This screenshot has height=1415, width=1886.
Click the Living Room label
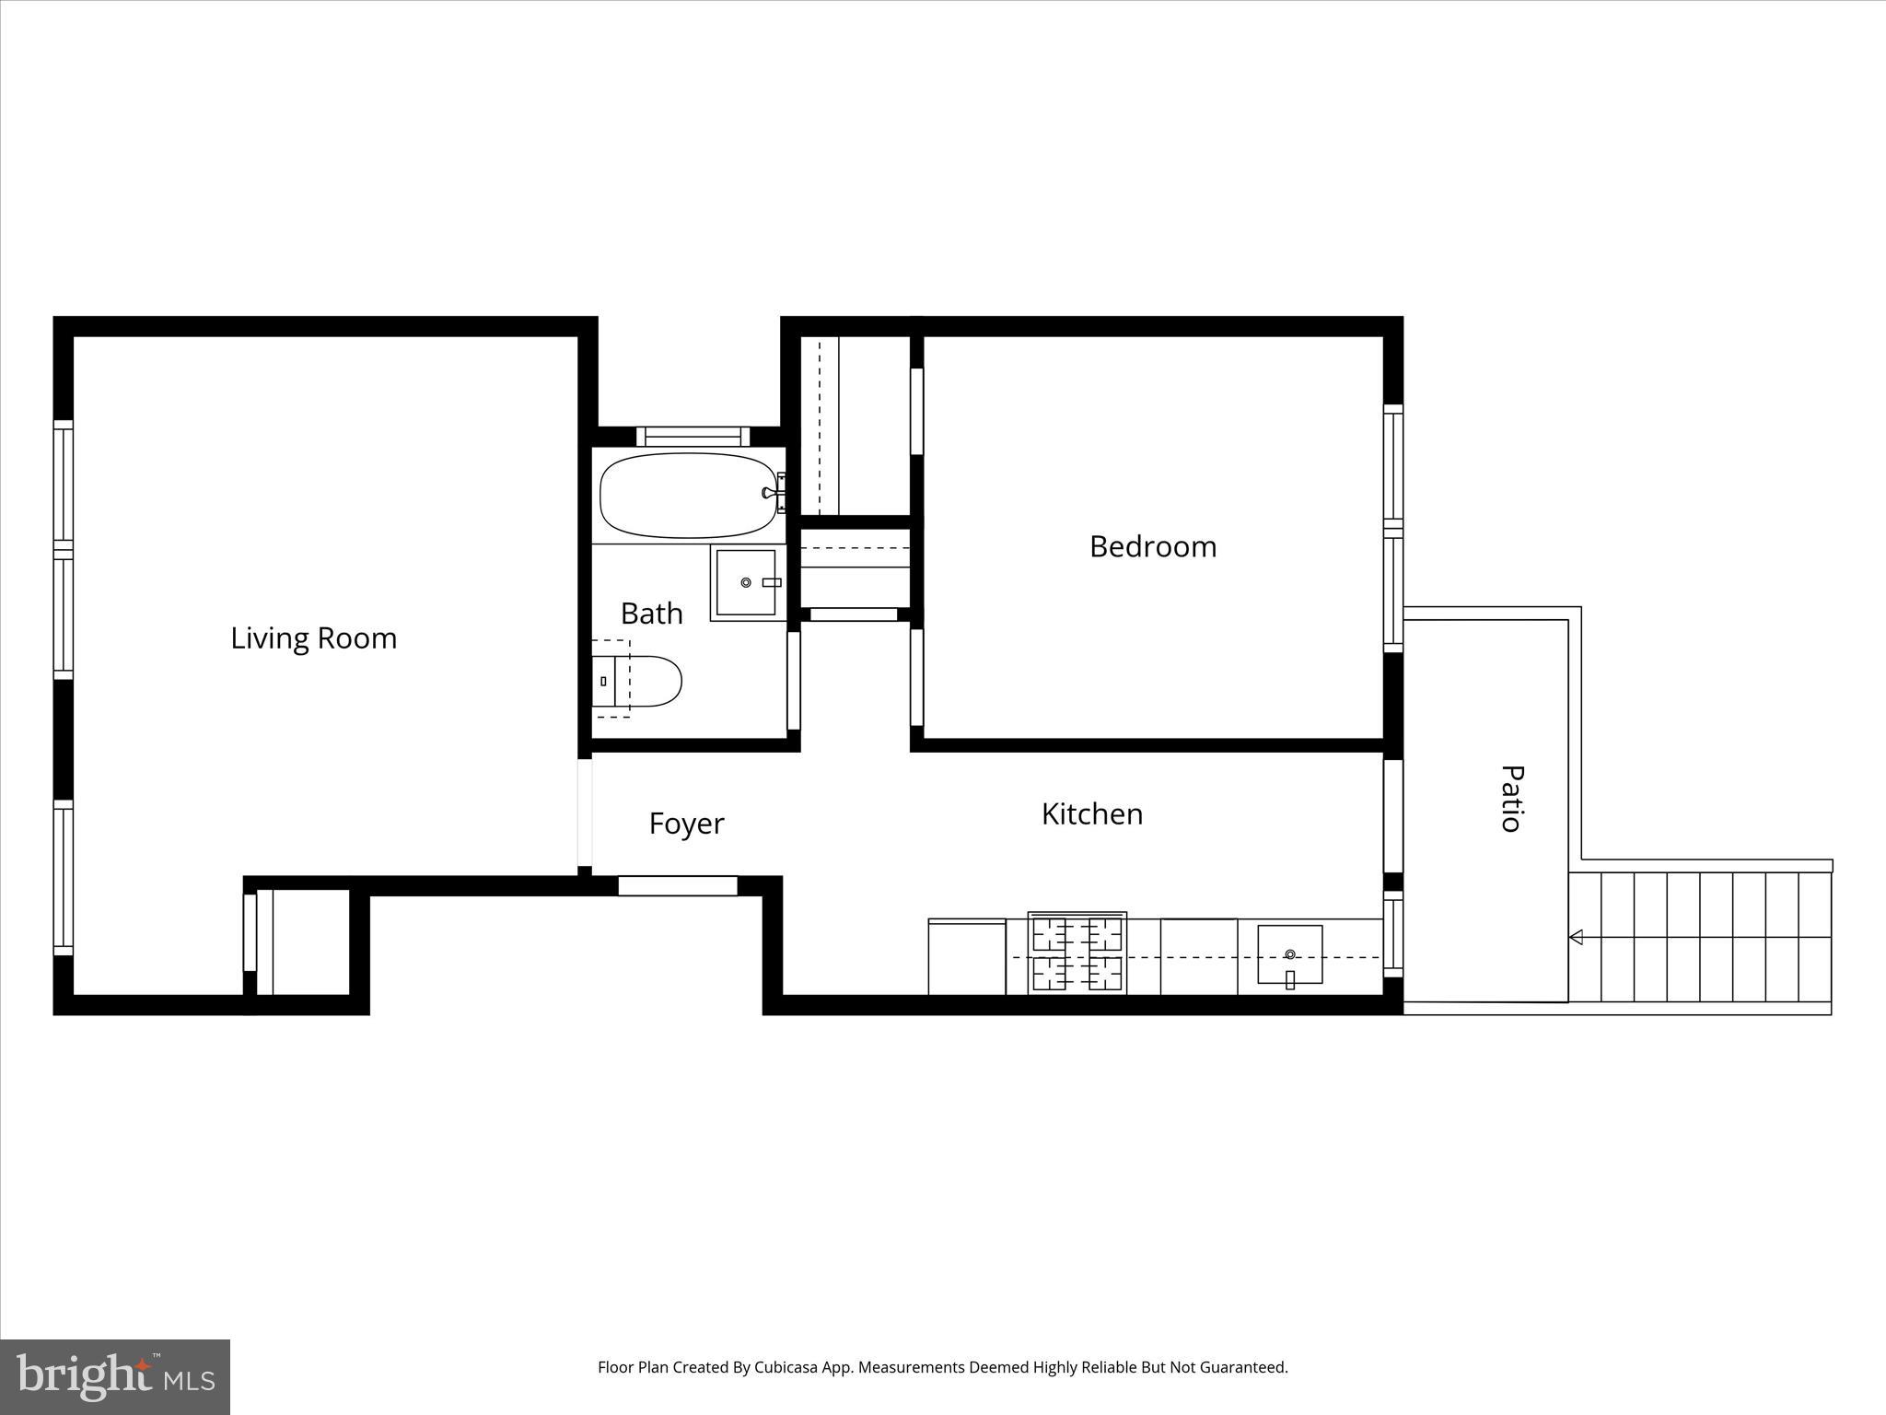(313, 637)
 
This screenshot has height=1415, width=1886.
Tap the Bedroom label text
(1152, 546)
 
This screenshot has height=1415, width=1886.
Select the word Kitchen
(1091, 813)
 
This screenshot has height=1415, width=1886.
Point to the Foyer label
(686, 823)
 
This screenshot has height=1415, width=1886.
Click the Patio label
(1511, 799)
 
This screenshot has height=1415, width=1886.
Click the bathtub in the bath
(686, 495)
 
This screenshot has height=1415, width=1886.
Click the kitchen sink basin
(1289, 954)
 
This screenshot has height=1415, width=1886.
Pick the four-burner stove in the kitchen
(1077, 953)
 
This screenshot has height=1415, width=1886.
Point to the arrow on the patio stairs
(1576, 937)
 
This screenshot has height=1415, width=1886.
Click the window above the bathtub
(693, 437)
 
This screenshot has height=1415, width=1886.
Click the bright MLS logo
(115, 1376)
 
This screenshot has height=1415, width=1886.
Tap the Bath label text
(651, 614)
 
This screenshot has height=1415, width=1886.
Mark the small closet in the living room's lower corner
(304, 941)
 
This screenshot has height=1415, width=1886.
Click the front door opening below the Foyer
(677, 886)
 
